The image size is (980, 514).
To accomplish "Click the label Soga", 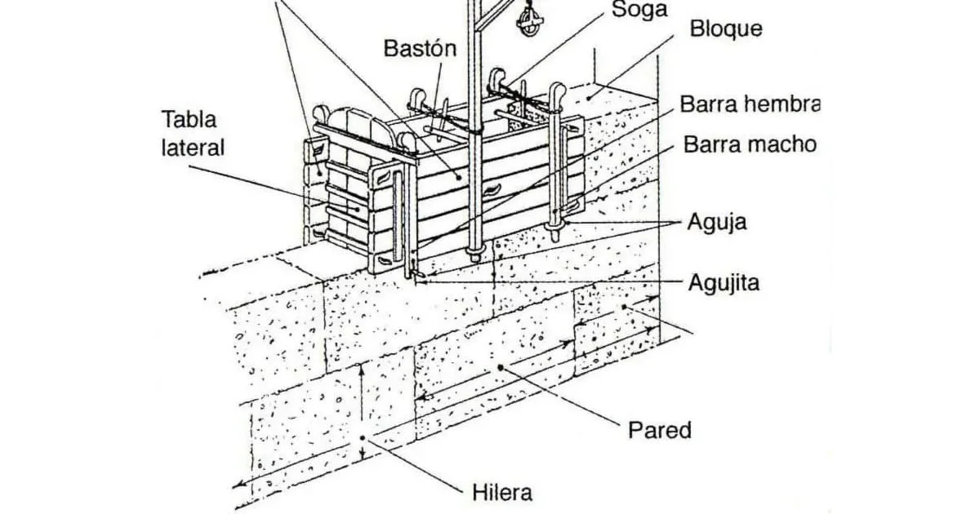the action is tap(639, 10).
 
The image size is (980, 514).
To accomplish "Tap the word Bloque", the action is tap(726, 29).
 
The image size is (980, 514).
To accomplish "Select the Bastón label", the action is tap(420, 48).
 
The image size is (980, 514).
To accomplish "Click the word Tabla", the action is tap(189, 119).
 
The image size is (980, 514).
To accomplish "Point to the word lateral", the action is tap(193, 148).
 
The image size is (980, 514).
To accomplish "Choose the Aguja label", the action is tap(717, 223).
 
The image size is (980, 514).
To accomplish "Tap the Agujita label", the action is tap(724, 284).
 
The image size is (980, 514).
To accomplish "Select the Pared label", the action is tap(660, 431).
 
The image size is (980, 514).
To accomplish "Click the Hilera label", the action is tap(502, 493).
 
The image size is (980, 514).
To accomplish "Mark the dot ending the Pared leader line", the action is tap(501, 368).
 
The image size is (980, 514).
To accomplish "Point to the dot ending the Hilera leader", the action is tap(363, 438).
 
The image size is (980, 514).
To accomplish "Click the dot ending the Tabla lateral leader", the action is tap(359, 210).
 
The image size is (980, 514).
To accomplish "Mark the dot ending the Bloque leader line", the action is tap(590, 97).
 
